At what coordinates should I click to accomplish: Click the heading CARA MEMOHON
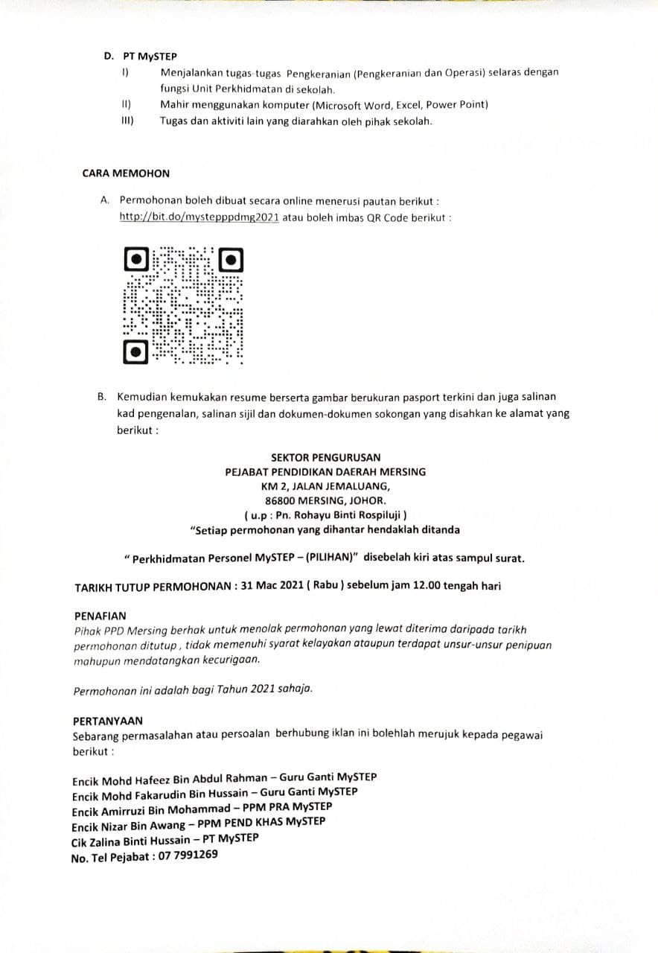click(126, 173)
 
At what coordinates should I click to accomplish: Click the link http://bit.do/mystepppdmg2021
click(198, 217)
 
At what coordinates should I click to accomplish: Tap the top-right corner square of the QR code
click(231, 260)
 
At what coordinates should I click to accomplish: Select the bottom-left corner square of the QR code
click(135, 351)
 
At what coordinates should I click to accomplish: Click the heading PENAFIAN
click(100, 616)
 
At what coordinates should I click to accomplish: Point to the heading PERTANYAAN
click(108, 721)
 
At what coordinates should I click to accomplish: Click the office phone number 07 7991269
click(188, 855)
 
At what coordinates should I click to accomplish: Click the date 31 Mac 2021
click(269, 586)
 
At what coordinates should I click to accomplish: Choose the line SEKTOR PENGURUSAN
click(326, 458)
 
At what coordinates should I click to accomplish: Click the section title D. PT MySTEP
click(140, 57)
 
